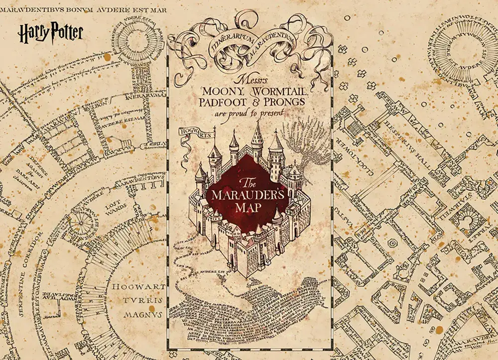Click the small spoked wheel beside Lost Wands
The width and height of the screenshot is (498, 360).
tap(84, 220)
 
